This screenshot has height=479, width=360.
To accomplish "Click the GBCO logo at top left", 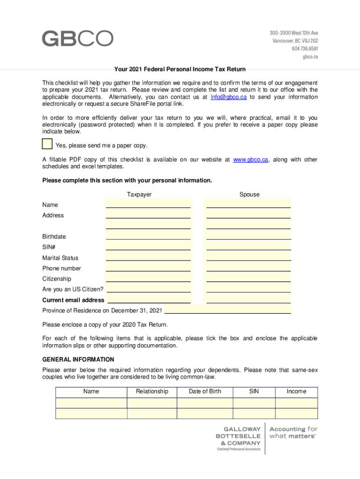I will [78, 38].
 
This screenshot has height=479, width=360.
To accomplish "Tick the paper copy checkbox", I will [47, 144].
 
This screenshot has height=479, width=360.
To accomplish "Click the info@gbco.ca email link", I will [229, 97].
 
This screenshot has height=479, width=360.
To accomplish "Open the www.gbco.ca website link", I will [251, 160].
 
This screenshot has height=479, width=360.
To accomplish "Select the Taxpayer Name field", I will [148, 203].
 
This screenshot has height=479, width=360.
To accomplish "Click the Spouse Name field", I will [248, 203].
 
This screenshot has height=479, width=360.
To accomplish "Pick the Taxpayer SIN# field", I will [148, 246].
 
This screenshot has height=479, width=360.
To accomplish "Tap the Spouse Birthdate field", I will [248, 235].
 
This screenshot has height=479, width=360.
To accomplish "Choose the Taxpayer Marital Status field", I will [148, 257].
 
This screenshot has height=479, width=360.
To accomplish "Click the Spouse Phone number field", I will [248, 267].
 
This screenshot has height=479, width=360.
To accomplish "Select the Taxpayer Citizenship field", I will [148, 278].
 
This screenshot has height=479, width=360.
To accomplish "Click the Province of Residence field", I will [228, 310].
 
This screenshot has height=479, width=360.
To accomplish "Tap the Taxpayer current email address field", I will [149, 299].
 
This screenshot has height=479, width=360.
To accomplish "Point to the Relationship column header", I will [152, 392].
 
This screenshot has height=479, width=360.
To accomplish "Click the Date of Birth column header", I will [205, 392].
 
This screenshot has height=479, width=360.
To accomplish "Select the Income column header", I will [296, 392].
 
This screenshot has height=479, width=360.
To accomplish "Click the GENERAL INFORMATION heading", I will [78, 360].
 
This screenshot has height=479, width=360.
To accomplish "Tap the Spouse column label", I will [249, 195].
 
